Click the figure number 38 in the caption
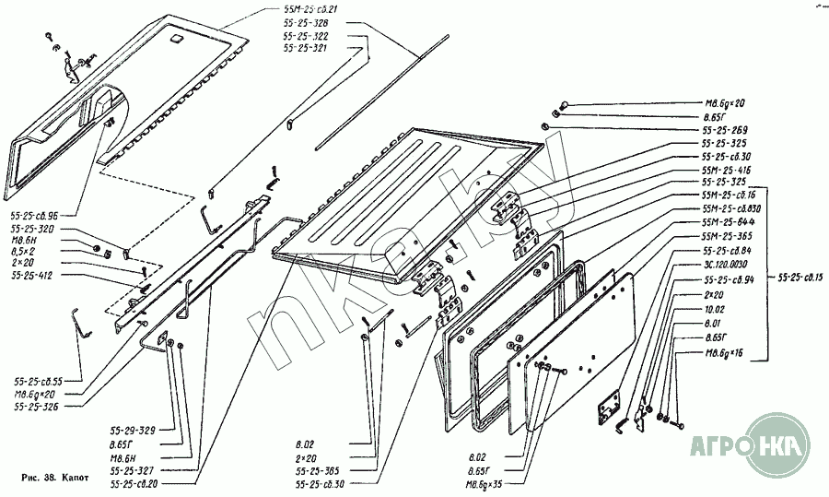[x=50, y=479]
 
